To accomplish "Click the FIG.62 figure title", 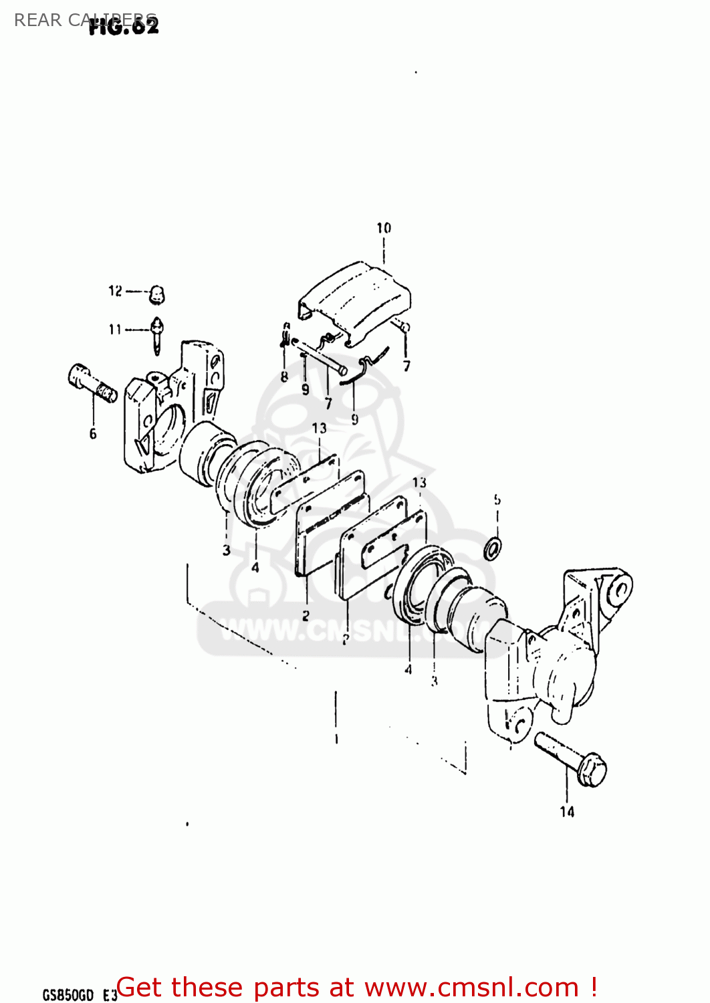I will point(124,27).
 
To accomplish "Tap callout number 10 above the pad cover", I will point(384,228).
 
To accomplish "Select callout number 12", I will point(115,291).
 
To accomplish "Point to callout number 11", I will point(115,329).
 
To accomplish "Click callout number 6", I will point(93,433).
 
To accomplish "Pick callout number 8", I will point(284,376).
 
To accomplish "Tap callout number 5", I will point(497,499).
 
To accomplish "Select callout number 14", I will point(567,811).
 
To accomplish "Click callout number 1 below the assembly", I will point(336,740).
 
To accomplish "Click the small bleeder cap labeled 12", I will point(157,294).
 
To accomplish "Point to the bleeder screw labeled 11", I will point(157,334).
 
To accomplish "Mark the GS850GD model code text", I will point(68,995).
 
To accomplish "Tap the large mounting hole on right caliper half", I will point(620,590).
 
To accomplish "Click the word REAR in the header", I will point(37,20).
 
